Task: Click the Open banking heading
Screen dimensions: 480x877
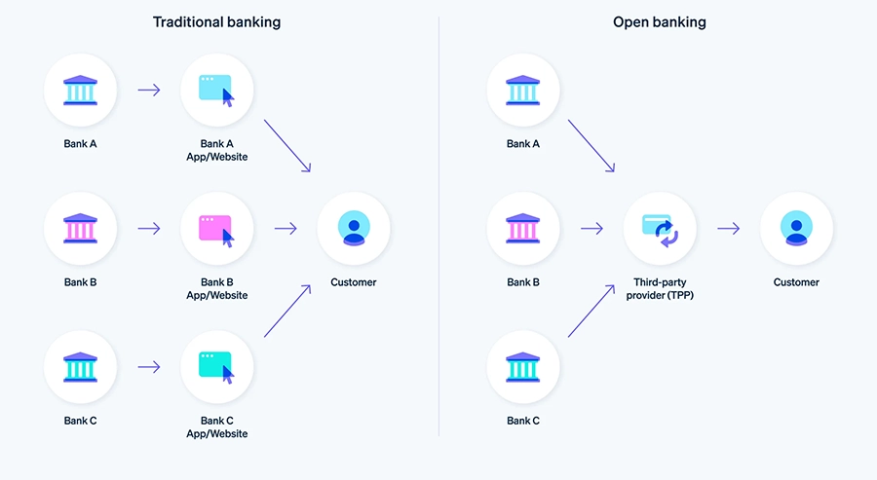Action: click(659, 21)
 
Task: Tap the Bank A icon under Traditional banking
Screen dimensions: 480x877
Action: click(81, 91)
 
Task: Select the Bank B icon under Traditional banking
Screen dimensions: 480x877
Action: click(81, 229)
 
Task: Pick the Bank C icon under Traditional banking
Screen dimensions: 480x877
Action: click(81, 367)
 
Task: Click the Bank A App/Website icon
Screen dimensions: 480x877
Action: click(217, 91)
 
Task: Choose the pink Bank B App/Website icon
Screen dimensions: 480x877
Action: click(217, 229)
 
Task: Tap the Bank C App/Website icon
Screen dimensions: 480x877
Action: click(217, 367)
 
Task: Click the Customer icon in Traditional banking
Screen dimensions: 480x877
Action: click(354, 229)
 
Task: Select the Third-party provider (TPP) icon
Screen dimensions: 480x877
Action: click(660, 229)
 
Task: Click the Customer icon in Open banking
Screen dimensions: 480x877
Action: click(796, 229)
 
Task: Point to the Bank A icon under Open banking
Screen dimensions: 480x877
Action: click(523, 91)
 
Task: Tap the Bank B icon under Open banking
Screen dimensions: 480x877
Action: click(523, 229)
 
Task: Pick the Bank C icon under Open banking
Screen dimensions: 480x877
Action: click(523, 367)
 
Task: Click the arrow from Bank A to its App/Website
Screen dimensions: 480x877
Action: click(149, 91)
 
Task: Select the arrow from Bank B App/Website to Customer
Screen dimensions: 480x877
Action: click(286, 229)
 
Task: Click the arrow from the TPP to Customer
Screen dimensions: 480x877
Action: click(728, 229)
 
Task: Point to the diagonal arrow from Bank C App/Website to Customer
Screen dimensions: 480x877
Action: click(287, 311)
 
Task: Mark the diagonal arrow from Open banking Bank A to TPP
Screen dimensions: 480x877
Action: click(591, 146)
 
